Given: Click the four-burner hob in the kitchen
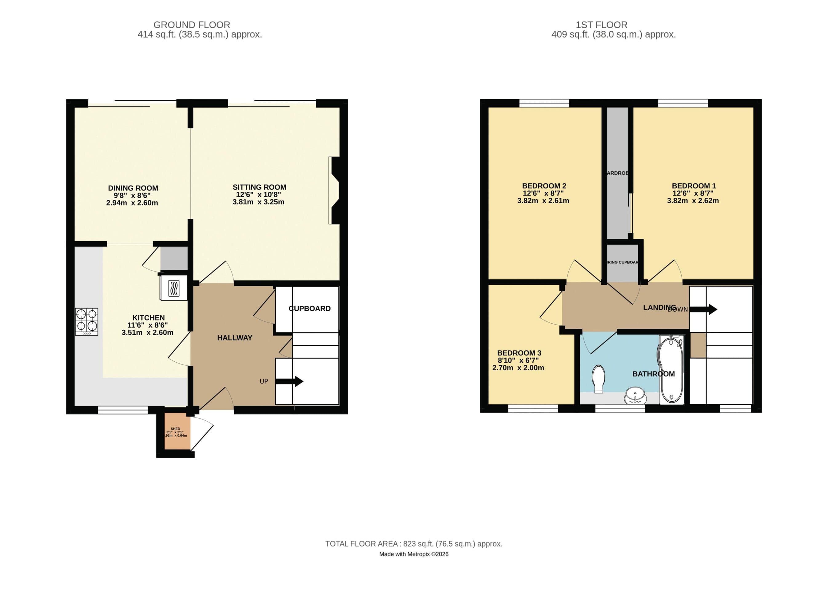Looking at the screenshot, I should [86, 321].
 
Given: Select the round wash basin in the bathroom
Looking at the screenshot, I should [635, 395].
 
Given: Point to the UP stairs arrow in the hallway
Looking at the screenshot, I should [289, 381].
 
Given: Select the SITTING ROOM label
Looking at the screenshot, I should [259, 187].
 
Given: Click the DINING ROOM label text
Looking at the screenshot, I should [133, 188].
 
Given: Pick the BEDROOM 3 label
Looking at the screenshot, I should [519, 353].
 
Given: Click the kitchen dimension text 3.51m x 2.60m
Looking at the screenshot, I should [147, 332].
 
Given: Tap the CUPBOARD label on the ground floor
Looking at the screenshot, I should [309, 309].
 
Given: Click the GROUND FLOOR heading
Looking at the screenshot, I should [192, 25].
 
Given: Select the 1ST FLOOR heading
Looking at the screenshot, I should [601, 25].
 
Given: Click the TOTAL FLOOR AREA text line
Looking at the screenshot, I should [413, 544].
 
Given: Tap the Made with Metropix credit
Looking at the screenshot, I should [413, 554].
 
